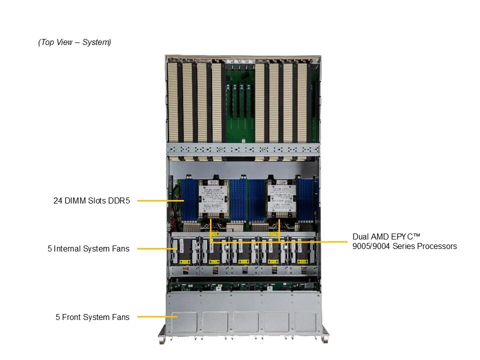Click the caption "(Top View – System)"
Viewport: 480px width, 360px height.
coord(74,42)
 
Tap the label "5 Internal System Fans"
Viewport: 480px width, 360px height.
coord(88,248)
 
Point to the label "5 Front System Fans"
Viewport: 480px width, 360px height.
coord(92,317)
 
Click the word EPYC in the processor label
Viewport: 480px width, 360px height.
coord(398,236)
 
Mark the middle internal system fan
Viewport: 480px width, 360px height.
coord(243,251)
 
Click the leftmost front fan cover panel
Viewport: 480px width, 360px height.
coord(184,321)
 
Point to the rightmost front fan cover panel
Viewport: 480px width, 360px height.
coord(305,321)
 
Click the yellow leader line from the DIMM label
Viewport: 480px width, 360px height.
coord(160,201)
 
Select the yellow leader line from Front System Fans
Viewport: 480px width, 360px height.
coord(157,317)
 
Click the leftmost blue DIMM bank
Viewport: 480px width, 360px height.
coord(190,201)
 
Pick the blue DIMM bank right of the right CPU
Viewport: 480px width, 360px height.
coord(306,201)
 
